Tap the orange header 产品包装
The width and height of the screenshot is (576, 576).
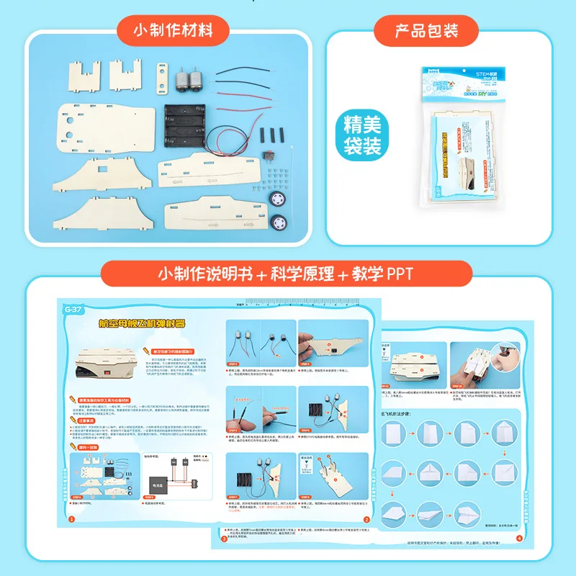pos(426,31)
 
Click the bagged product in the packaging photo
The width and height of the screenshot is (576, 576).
pos(459,138)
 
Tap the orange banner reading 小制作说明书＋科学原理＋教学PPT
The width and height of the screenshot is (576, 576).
pos(287,274)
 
